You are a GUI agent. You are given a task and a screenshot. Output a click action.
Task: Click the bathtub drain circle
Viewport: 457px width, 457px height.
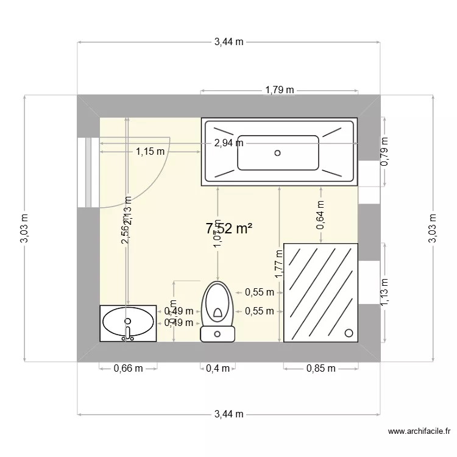[278, 153]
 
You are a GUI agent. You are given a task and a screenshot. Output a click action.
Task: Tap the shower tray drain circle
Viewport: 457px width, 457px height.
[349, 333]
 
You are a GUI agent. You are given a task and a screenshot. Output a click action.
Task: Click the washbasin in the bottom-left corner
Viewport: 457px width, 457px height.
[128, 322]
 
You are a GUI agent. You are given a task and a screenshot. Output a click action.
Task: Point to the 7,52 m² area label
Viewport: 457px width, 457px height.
[229, 228]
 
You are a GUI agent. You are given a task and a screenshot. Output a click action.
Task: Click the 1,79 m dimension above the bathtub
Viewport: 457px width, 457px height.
[279, 90]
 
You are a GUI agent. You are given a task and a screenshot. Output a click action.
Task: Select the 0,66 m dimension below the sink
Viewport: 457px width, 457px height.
[129, 368]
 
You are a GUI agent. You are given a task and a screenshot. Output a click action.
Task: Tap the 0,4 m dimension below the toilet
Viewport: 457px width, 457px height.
[218, 368]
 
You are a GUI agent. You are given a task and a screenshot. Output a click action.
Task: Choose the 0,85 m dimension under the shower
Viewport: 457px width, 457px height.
[321, 368]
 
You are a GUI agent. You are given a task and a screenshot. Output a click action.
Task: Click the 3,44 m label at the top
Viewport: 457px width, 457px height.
[228, 42]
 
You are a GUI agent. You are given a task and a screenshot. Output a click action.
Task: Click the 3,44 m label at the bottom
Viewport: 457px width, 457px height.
[228, 414]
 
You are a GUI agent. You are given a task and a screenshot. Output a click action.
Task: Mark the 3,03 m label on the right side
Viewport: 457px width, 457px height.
[433, 228]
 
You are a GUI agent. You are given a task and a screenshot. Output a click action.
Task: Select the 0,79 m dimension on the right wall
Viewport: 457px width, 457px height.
[384, 152]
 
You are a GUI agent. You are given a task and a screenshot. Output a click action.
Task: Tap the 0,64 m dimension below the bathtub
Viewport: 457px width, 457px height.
[321, 215]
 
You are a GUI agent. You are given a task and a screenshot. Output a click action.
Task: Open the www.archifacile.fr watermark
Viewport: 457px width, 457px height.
[421, 432]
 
